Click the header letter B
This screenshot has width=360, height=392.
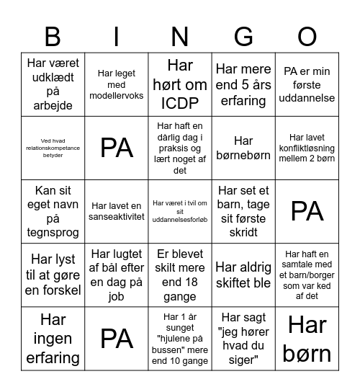tap(53, 36)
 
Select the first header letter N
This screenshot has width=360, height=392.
tap(180, 36)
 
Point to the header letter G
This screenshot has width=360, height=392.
tap(243, 36)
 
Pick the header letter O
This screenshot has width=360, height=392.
tap(307, 36)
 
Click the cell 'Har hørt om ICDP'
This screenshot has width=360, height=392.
tap(180, 84)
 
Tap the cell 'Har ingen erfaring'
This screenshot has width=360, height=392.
tap(53, 338)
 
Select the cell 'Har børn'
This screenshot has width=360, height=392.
tap(307, 338)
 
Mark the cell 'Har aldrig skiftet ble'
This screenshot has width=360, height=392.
tap(243, 275)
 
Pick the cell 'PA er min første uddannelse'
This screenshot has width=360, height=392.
tap(307, 84)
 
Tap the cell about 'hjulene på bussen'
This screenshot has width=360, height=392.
tap(180, 338)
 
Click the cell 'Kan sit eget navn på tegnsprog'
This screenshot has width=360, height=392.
tap(53, 211)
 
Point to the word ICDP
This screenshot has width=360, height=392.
tap(180, 102)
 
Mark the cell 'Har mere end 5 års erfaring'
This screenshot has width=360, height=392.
tap(243, 84)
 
